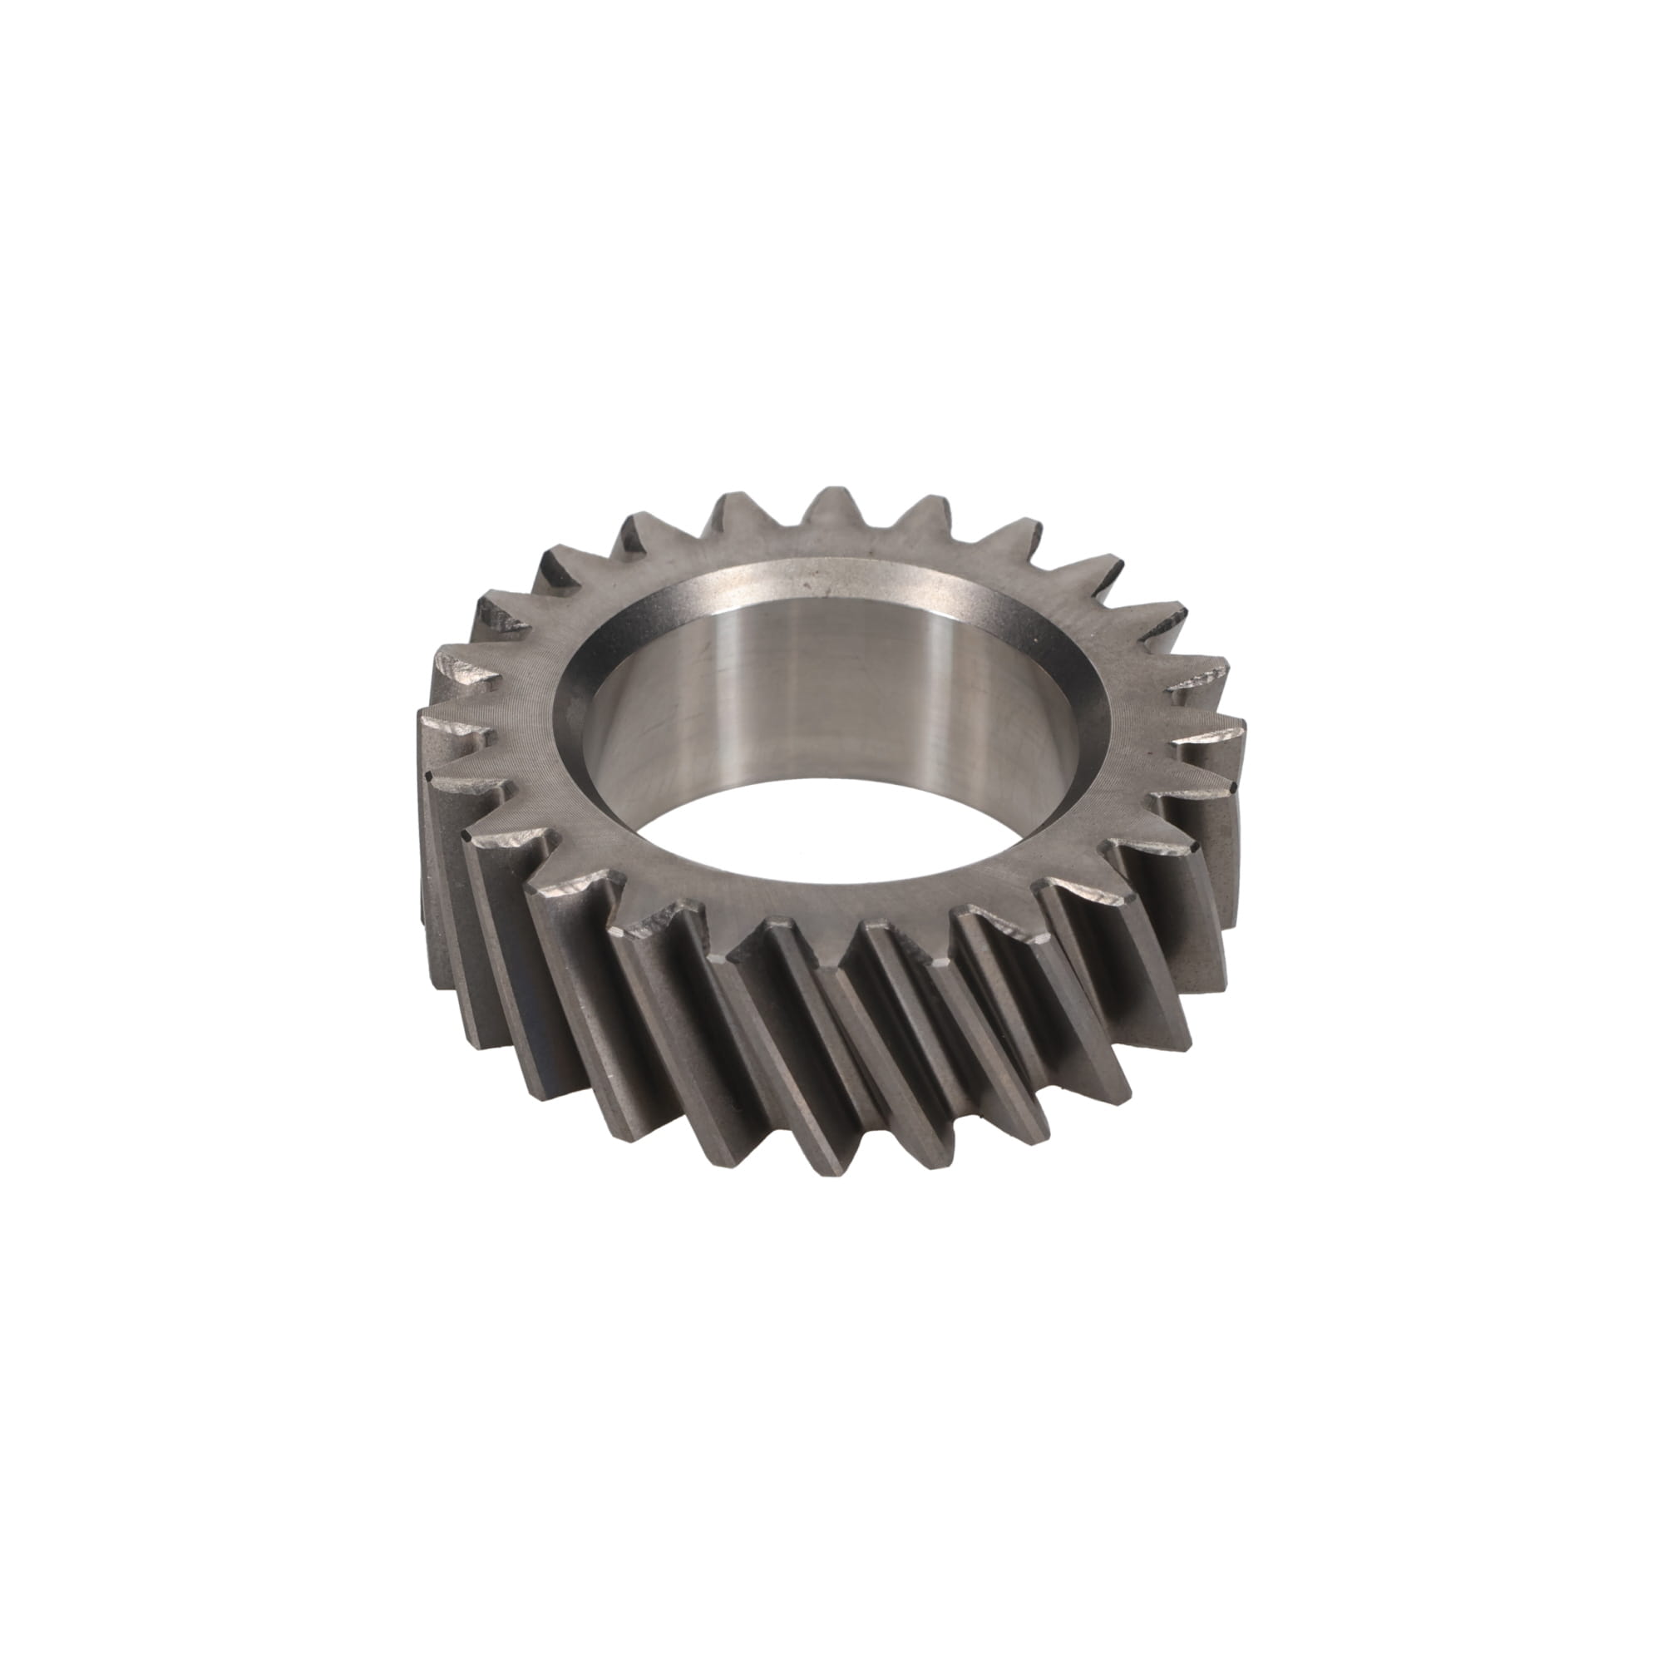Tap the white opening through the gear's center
pyautogui.click(x=827, y=839)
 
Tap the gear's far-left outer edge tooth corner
pyautogui.click(x=420, y=775)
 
